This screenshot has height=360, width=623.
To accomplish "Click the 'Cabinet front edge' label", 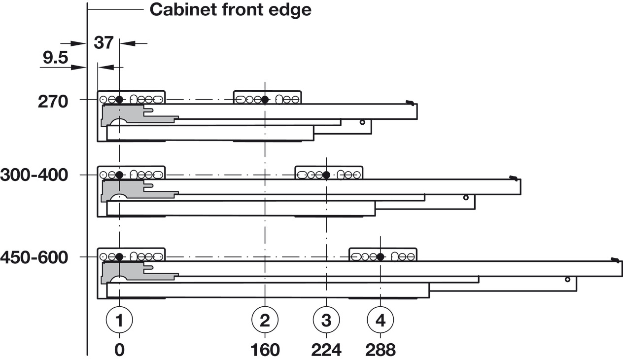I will [230, 9].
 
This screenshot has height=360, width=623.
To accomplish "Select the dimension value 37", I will [104, 43].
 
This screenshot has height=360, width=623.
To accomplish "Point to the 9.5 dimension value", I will [55, 58].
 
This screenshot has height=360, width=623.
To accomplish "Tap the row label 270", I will [53, 102].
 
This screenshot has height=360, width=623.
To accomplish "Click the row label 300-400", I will [34, 175].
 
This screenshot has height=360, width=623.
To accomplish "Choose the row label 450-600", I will [34, 257].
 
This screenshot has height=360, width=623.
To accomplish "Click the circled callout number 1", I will [119, 321].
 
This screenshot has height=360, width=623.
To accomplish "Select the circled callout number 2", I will [265, 321].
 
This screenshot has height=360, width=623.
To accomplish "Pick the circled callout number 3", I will [326, 321].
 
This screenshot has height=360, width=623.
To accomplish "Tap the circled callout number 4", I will [381, 321].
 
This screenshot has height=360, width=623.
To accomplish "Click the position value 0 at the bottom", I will [119, 350].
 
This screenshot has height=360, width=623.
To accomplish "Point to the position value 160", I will [265, 350].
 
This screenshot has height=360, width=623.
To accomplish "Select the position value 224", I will [326, 350].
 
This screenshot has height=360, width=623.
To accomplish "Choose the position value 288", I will [381, 350].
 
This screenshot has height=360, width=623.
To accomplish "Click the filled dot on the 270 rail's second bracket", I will [265, 100].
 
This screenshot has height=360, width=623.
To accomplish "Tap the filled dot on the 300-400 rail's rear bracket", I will [326, 175].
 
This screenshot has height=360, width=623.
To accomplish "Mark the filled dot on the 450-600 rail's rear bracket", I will [381, 256].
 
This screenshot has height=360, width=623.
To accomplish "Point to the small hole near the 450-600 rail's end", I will [567, 279].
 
